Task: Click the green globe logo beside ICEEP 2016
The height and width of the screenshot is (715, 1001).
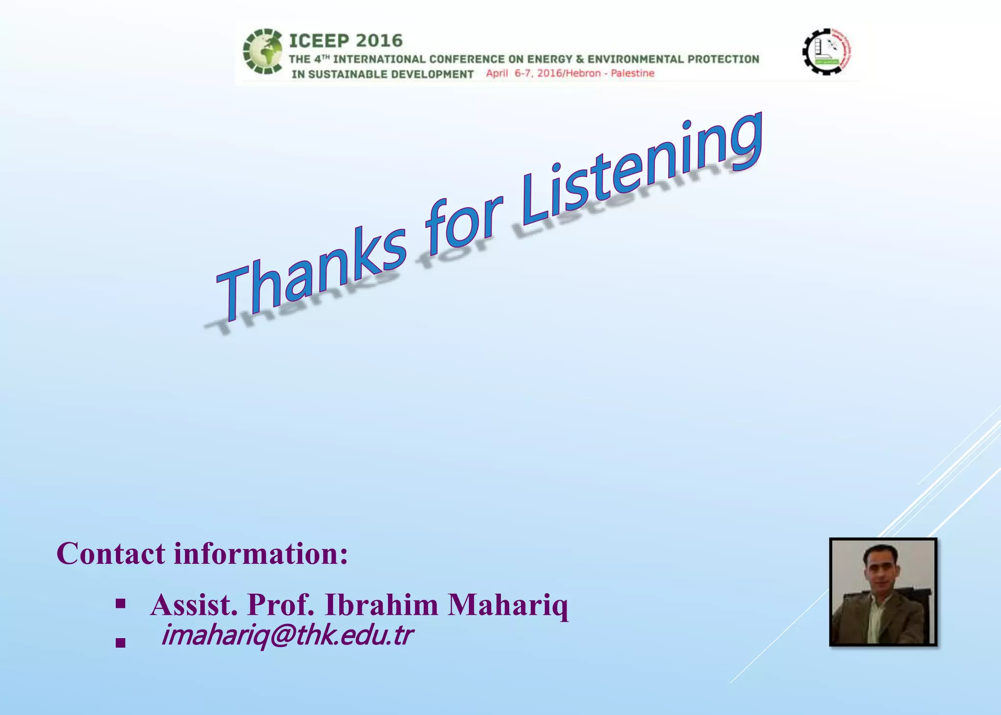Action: (x=263, y=52)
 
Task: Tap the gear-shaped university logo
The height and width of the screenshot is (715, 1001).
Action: (x=827, y=51)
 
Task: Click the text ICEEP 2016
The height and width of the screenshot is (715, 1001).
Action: (x=346, y=41)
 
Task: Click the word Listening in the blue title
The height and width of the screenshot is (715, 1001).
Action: (x=640, y=171)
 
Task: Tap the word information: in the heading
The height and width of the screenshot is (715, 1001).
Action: (x=261, y=554)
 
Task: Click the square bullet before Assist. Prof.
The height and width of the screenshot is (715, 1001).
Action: (x=120, y=605)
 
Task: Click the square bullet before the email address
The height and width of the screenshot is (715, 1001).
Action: (x=120, y=643)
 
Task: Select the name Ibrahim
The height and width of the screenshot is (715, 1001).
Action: (x=381, y=605)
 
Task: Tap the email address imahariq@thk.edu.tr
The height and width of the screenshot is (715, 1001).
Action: (x=287, y=635)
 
